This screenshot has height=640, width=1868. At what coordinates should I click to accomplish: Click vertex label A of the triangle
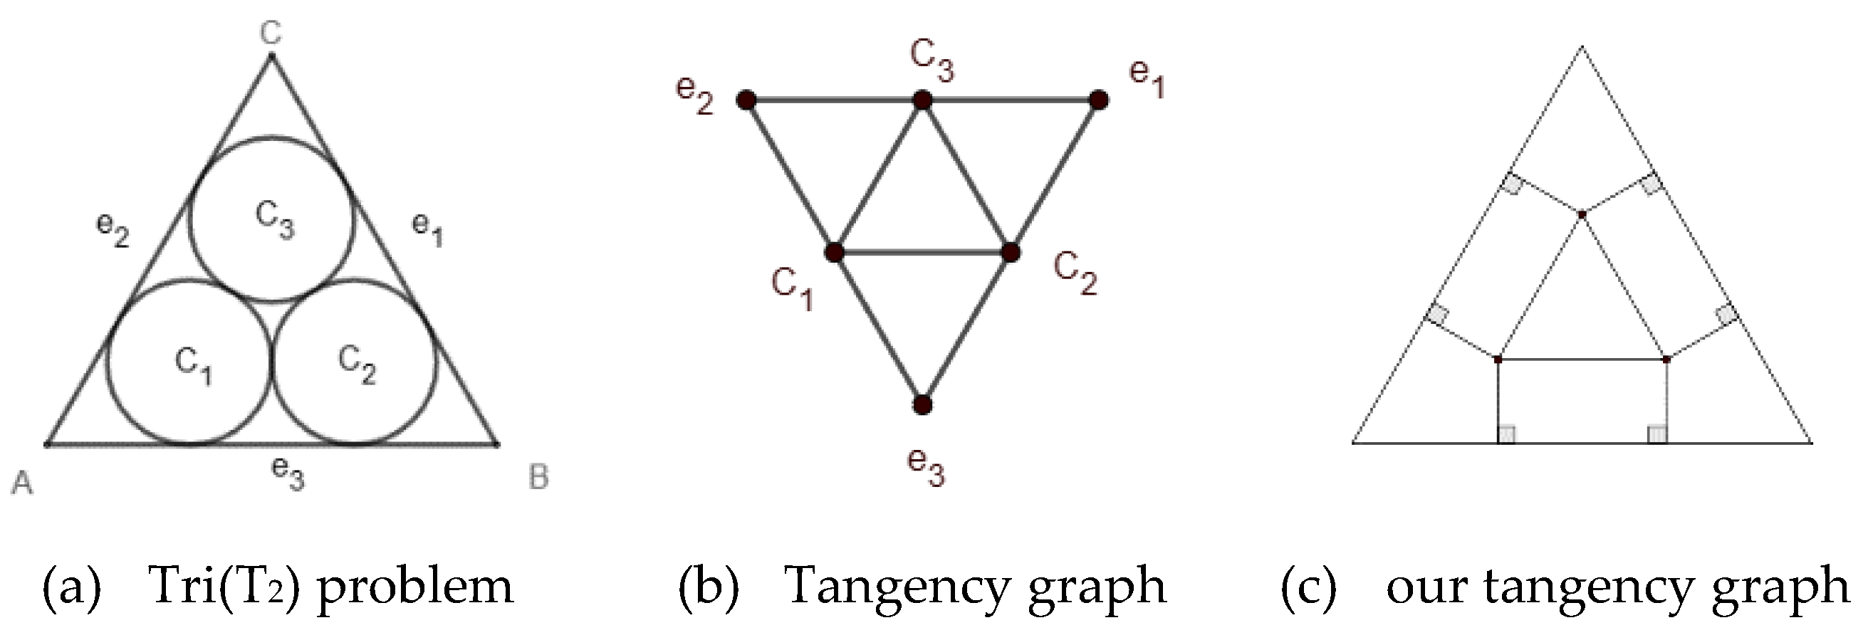[23, 482]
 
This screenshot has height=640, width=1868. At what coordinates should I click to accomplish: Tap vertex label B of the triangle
[538, 478]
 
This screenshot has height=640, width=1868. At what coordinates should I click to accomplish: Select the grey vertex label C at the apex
[271, 33]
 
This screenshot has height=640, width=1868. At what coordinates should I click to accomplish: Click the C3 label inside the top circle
[275, 219]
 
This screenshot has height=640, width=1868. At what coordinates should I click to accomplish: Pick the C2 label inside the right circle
[358, 364]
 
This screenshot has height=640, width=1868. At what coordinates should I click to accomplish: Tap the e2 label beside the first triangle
[113, 230]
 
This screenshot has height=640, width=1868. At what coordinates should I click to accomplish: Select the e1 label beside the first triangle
[427, 229]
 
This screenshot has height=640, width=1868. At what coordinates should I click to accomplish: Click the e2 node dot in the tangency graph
[746, 100]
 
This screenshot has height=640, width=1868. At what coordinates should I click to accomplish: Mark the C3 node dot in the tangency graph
[922, 100]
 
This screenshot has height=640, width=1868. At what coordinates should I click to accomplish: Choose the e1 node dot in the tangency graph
[1099, 100]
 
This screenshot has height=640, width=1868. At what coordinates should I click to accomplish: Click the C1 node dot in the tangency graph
[835, 252]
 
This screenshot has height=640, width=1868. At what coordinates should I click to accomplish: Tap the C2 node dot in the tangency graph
[1011, 252]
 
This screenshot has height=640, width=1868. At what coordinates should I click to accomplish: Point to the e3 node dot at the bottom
[922, 404]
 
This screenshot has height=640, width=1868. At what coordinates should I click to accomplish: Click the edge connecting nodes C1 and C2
[922, 252]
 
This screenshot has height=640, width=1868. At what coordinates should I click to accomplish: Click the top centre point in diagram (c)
[1582, 214]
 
